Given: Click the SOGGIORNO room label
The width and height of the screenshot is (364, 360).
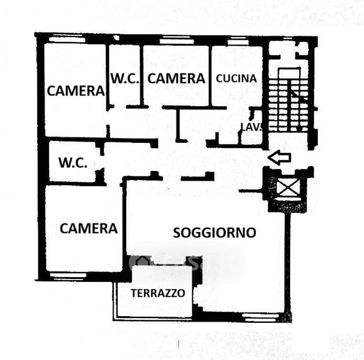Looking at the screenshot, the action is click(214, 233).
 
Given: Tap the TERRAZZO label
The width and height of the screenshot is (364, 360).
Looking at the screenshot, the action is click(158, 294).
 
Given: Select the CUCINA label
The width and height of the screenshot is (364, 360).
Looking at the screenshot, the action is click(236, 78).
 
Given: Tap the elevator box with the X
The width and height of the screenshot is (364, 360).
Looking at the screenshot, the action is click(287, 188).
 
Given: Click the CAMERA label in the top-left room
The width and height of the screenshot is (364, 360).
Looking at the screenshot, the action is click(76, 91).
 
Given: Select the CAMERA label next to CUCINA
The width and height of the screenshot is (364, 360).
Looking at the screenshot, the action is click(176, 78).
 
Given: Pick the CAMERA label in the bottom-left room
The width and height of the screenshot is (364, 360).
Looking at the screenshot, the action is click(88, 229).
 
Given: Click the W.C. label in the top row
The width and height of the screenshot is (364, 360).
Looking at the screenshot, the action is click(125, 78).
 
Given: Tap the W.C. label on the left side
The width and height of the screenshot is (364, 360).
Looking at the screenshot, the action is click(73, 163).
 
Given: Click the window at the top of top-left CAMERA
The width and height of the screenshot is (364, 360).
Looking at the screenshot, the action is click(67, 38).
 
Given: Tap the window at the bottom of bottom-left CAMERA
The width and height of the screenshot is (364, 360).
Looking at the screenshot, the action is click(67, 275).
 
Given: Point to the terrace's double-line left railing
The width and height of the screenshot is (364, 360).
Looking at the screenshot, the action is click(115, 300).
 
